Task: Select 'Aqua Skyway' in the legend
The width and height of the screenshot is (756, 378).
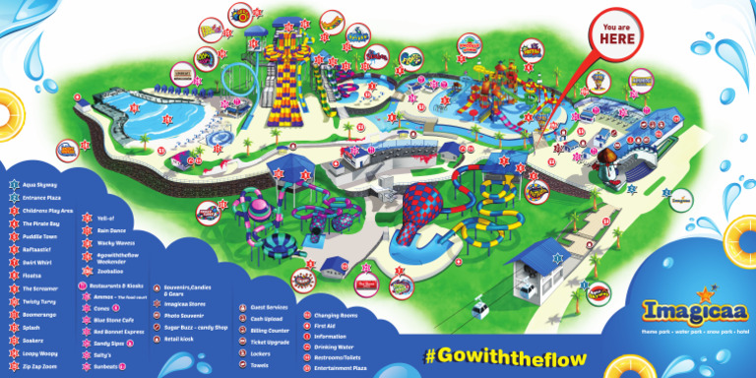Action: click(41, 184)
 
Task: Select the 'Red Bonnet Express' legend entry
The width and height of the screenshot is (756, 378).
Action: click(129, 332)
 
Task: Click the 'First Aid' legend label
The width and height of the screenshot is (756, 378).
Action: click(326, 325)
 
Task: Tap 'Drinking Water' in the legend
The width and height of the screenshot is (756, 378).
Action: click(336, 346)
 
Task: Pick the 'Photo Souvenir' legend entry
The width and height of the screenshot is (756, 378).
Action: click(185, 315)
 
